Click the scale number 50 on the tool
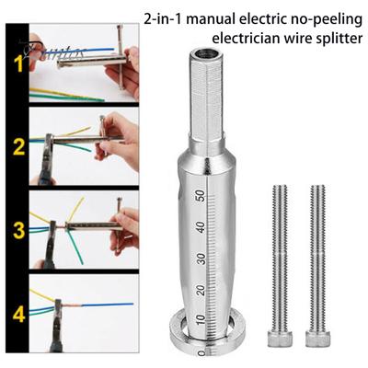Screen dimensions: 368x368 (199, 195)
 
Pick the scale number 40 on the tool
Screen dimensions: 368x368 (199, 226)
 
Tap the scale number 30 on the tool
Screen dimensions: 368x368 (199, 259)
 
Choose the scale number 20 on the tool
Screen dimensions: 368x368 (199, 291)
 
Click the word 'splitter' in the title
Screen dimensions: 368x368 (328, 40)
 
